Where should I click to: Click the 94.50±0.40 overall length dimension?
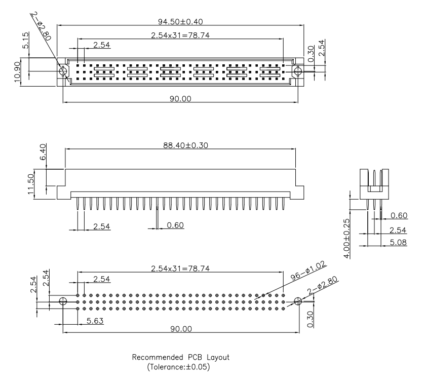point(179,22)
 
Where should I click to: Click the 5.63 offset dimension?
point(94,320)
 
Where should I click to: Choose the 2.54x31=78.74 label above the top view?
point(180,36)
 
